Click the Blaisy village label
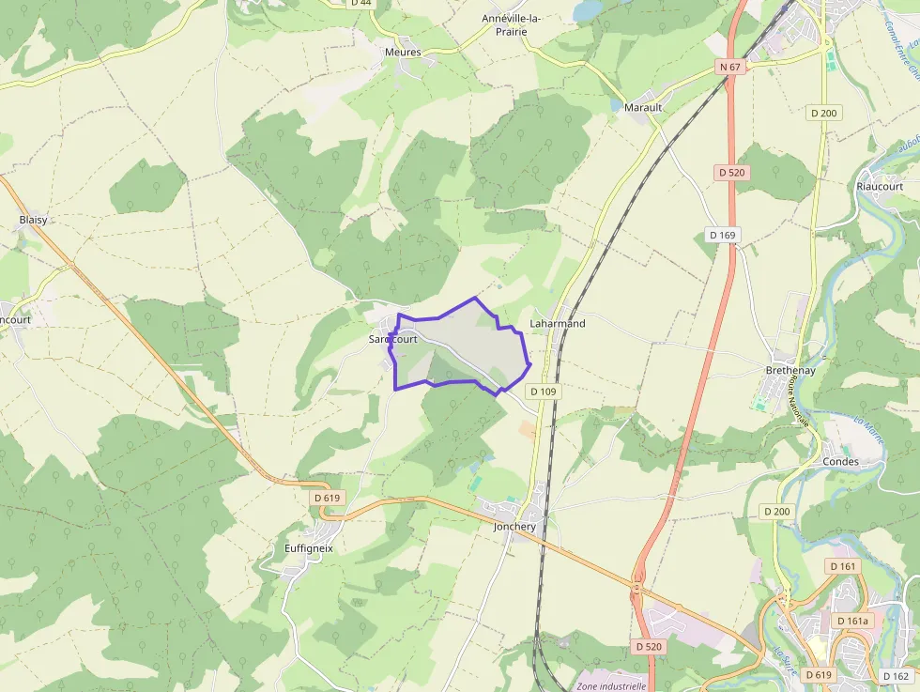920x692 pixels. click(x=33, y=220)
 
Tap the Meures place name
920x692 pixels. click(x=403, y=52)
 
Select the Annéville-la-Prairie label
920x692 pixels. click(x=517, y=24)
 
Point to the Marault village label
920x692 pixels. click(x=643, y=107)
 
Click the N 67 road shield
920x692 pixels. click(x=729, y=67)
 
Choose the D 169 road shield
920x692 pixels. click(x=722, y=235)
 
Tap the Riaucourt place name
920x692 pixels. click(x=880, y=186)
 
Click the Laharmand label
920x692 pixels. click(x=558, y=324)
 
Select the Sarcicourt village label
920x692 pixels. click(x=393, y=339)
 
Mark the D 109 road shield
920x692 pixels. click(x=544, y=391)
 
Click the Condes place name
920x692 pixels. click(x=840, y=462)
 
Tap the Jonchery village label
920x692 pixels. click(x=514, y=527)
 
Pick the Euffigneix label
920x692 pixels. click(x=309, y=547)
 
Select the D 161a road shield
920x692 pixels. click(x=853, y=621)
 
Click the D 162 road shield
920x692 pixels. click(x=896, y=676)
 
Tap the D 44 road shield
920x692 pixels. click(x=360, y=3)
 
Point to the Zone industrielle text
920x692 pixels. click(x=611, y=685)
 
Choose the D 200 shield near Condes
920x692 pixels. click(x=777, y=511)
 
